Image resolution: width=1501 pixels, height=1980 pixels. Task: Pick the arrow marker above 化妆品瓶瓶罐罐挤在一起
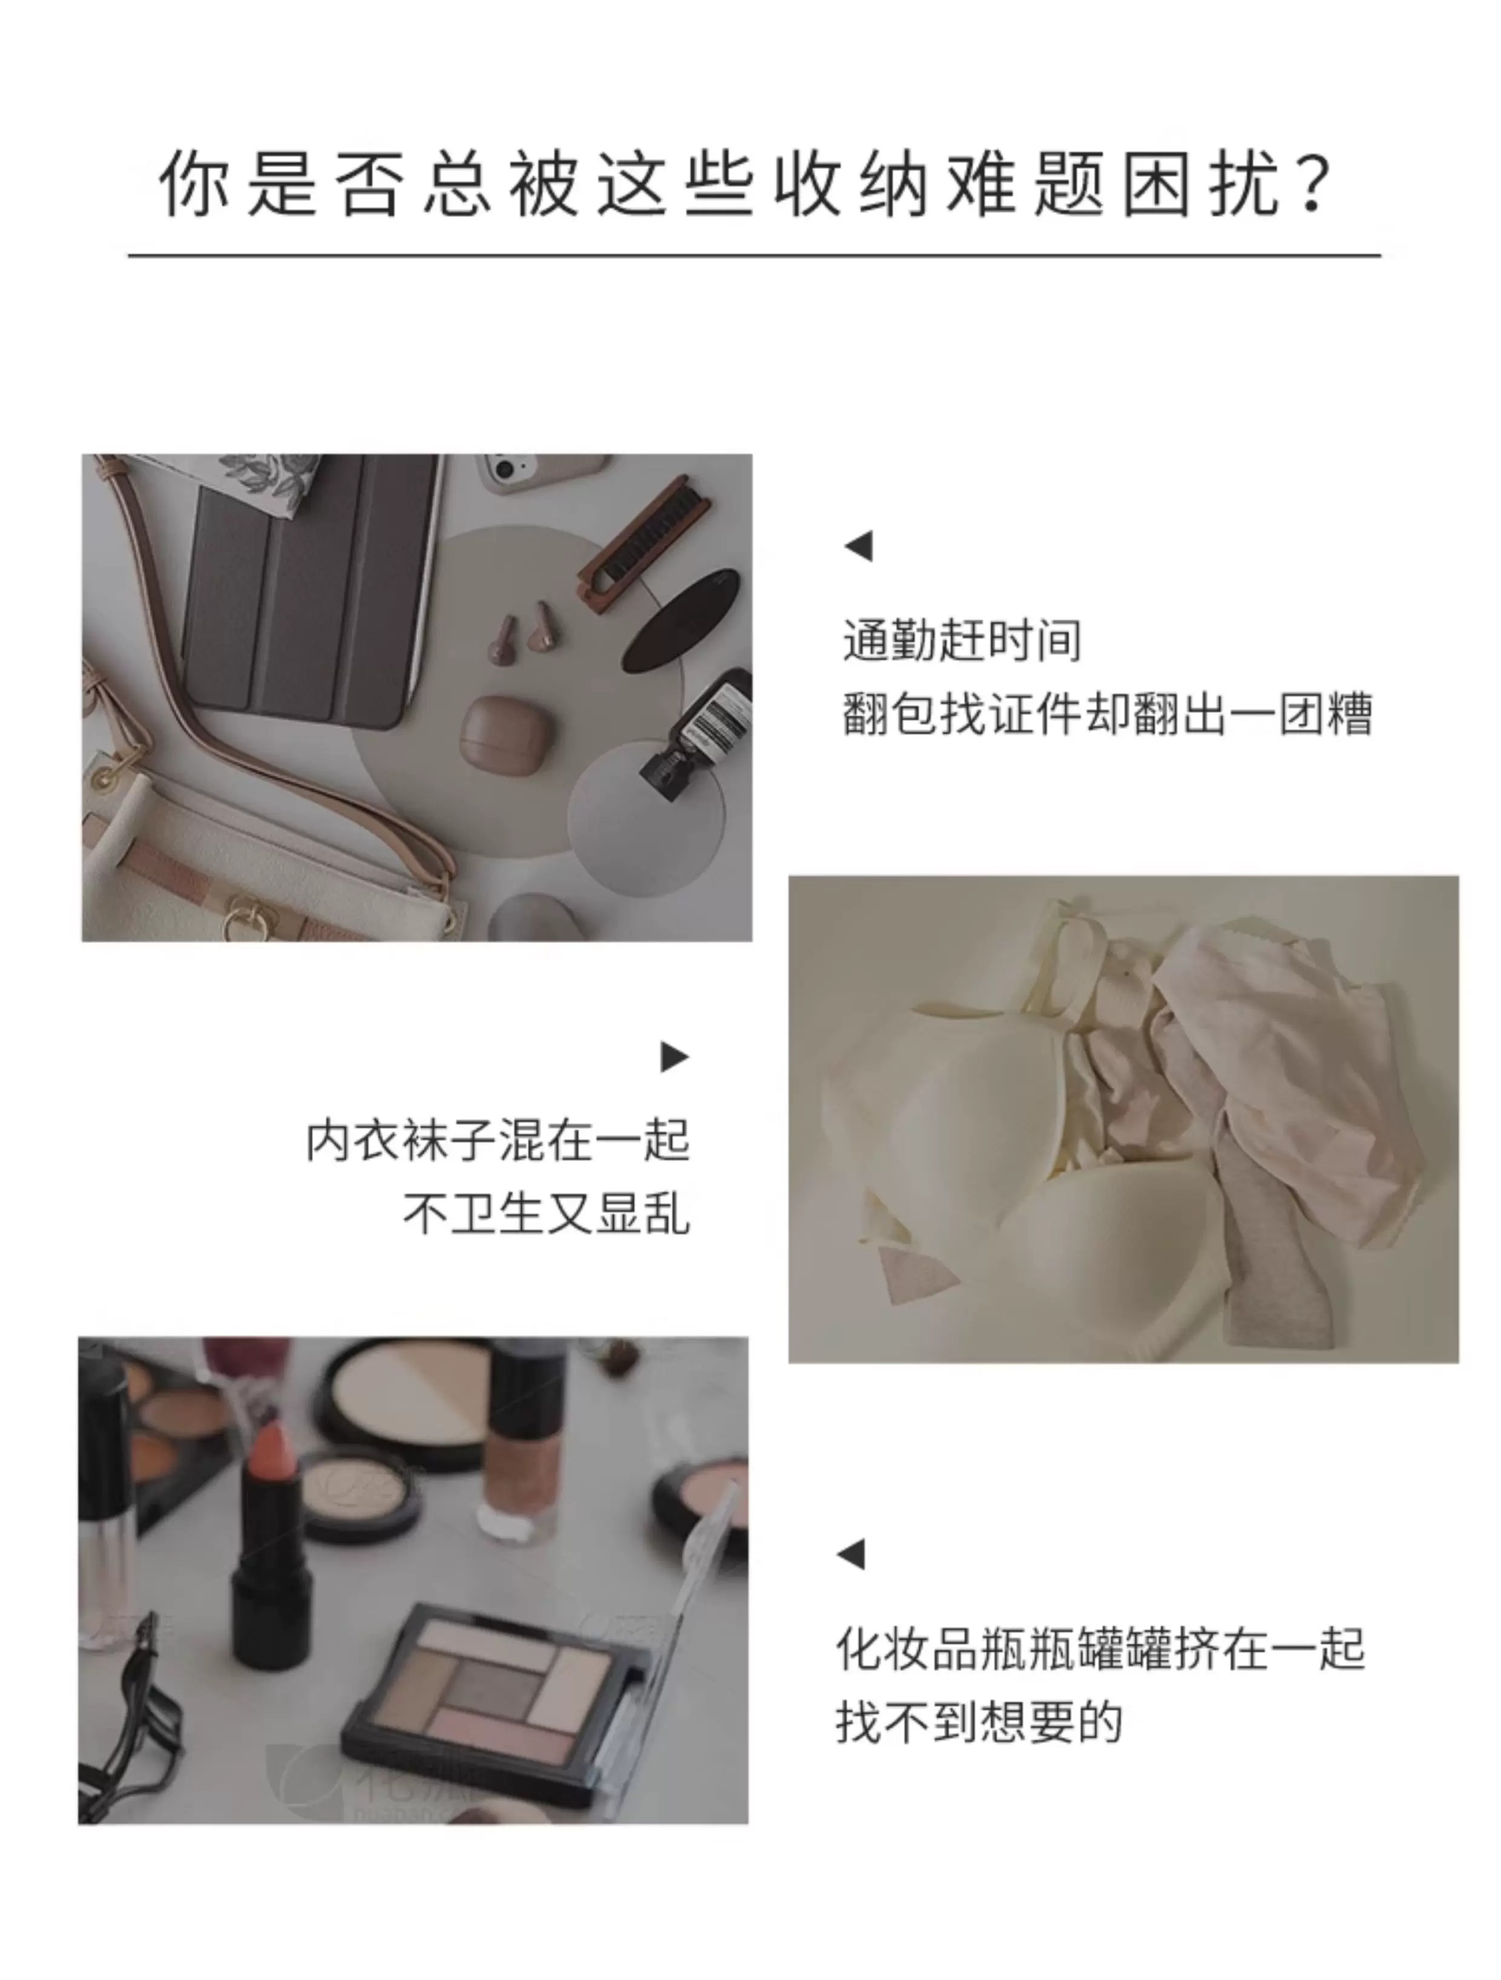click(x=851, y=1554)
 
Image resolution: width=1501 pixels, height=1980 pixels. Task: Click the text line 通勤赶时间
click(x=962, y=640)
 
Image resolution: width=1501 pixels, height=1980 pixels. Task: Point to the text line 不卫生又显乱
click(x=546, y=1214)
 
